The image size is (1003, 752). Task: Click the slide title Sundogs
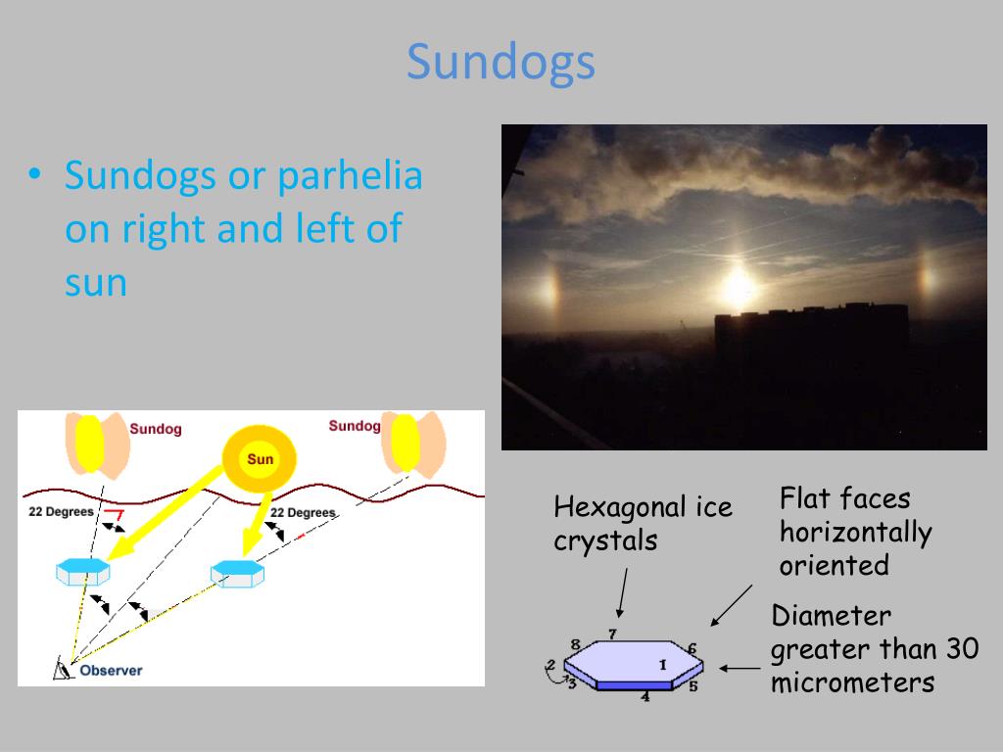point(501,62)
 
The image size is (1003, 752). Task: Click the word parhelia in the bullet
point(350,176)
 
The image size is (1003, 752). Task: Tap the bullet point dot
point(34,174)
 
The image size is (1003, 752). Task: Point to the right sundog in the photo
point(925,282)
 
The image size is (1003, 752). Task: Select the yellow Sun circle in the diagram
point(260,458)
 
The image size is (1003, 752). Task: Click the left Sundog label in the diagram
point(155,429)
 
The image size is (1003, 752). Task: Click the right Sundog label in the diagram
point(354,426)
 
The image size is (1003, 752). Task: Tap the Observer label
point(111,671)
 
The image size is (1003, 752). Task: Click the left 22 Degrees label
point(61,512)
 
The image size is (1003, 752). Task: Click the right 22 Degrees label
point(303,513)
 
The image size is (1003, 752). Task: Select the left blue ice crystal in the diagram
point(83,571)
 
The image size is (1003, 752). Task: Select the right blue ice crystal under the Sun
point(237,572)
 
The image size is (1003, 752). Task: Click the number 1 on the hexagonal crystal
point(662,665)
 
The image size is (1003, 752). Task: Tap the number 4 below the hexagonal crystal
point(645,697)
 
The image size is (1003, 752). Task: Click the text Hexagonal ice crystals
point(642,524)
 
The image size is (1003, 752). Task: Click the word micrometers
point(852,682)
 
